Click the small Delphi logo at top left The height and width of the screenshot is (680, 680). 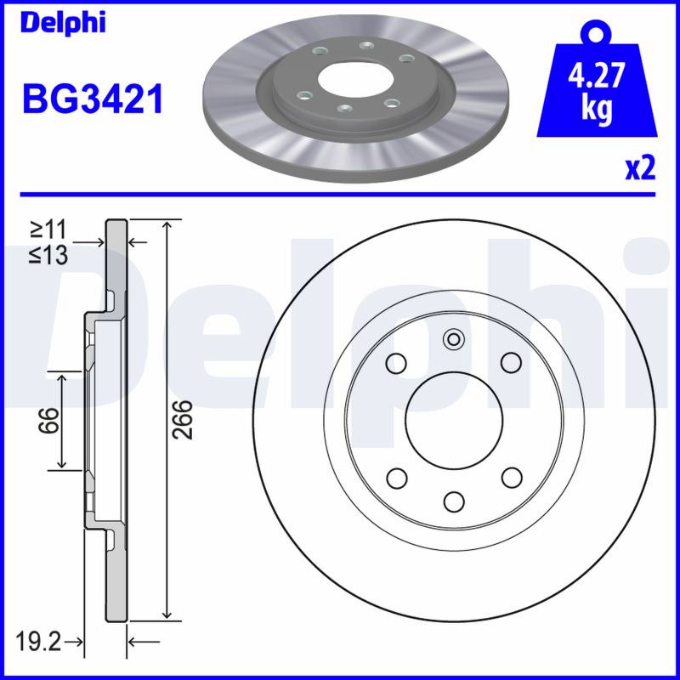pyautogui.click(x=63, y=23)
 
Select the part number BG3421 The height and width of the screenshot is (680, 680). pyautogui.click(x=93, y=99)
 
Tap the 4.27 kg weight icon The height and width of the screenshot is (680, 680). pyautogui.click(x=597, y=79)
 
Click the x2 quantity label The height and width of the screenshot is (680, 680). pyautogui.click(x=640, y=168)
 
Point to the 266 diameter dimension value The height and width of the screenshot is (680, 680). pyautogui.click(x=182, y=419)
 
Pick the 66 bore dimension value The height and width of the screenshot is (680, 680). pyautogui.click(x=48, y=420)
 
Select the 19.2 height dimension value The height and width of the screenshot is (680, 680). pyautogui.click(x=38, y=642)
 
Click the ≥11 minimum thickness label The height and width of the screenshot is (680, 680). pyautogui.click(x=48, y=229)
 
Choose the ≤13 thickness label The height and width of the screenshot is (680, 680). pyautogui.click(x=48, y=255)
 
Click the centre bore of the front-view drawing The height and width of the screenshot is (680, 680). pyautogui.click(x=454, y=420)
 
